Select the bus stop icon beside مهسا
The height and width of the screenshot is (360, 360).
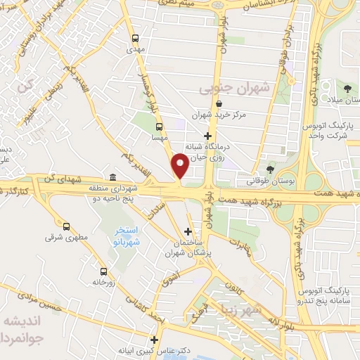tap(159, 127)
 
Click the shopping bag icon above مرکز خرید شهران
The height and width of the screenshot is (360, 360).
tap(221, 103)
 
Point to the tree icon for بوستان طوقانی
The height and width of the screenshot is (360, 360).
tap(271, 169)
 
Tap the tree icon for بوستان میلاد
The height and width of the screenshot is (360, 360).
tap(348, 88)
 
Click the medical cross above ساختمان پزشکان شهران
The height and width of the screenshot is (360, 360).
tap(187, 231)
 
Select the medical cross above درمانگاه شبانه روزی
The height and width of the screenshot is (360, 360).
tap(207, 136)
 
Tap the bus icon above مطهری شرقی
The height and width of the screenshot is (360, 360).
tap(66, 226)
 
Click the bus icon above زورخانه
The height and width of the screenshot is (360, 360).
tap(103, 271)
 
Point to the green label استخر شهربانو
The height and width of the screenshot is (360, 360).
tap(129, 236)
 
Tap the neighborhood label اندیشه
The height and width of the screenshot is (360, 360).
tap(21, 320)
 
